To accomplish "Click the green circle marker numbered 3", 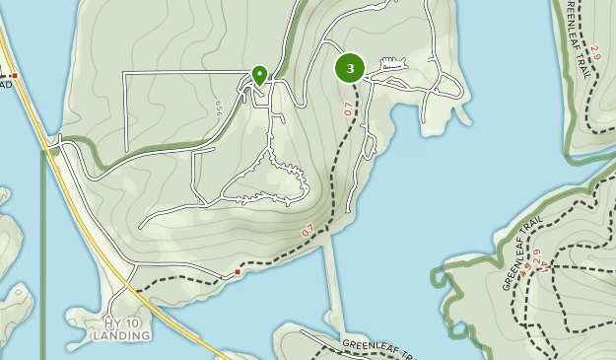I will coord(350,68).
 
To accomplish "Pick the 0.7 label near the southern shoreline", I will coord(308,230).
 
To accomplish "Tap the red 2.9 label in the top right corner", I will coord(595,50).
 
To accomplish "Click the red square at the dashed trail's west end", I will coord(238,271).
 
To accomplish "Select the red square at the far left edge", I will coord(15,75).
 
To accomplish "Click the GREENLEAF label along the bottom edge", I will coord(375,347).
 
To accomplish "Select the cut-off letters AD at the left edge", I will coord(5,85).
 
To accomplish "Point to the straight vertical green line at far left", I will coord(43,256).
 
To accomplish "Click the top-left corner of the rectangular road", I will coord(124,73).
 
